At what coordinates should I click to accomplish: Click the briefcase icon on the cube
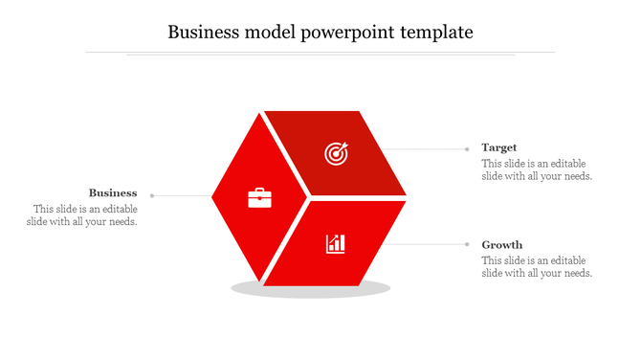point(259,198)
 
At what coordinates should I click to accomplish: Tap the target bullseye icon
point(336,152)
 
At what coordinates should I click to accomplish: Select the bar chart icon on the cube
point(336,243)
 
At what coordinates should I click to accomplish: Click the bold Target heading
point(499,147)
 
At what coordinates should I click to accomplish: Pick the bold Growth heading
point(501,244)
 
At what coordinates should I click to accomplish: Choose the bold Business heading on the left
point(113,192)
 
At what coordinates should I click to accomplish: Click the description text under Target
point(537,169)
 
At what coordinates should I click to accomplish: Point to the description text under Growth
point(537,267)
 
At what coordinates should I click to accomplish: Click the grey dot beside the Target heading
point(467,148)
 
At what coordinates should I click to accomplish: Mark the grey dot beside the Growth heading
point(467,244)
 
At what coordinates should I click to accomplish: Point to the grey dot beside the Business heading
point(152,195)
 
